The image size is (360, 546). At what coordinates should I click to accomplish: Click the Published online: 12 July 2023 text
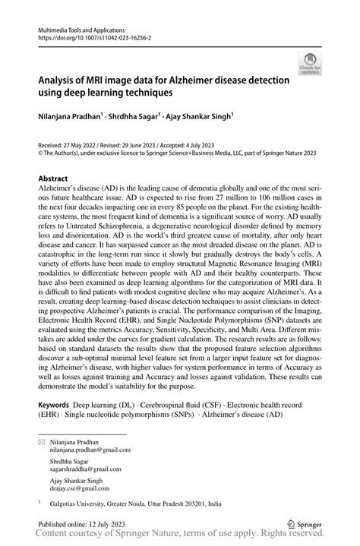[x=83, y=525]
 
